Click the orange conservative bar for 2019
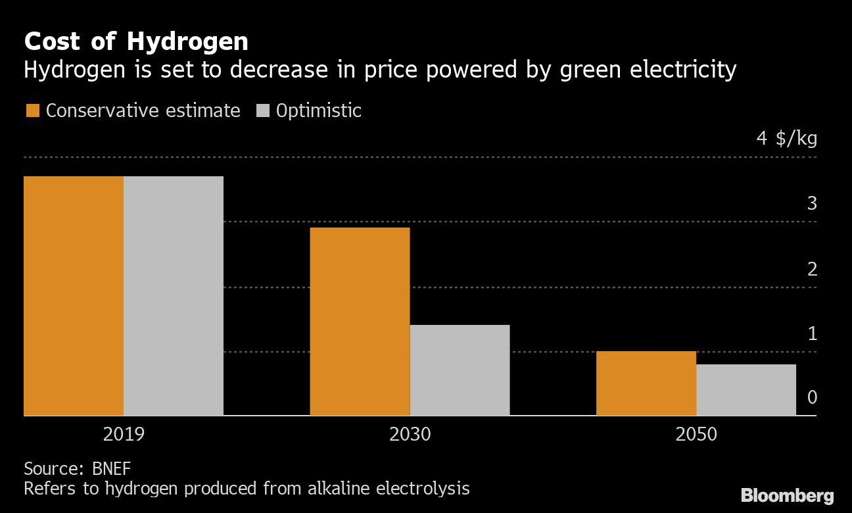[74, 295]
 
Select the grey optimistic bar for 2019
[174, 295]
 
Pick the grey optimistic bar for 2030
[460, 370]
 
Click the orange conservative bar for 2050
[646, 383]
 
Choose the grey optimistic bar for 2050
[745, 389]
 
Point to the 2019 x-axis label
[124, 435]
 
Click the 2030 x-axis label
[410, 435]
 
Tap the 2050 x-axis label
[696, 435]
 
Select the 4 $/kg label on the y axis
[786, 139]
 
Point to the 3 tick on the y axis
[812, 204]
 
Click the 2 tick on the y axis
[812, 269]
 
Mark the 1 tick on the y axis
[812, 333]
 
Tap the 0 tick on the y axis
[812, 398]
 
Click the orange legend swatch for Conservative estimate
[32, 110]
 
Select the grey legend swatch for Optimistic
[263, 110]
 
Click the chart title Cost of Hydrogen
[136, 42]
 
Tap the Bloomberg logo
[787, 495]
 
